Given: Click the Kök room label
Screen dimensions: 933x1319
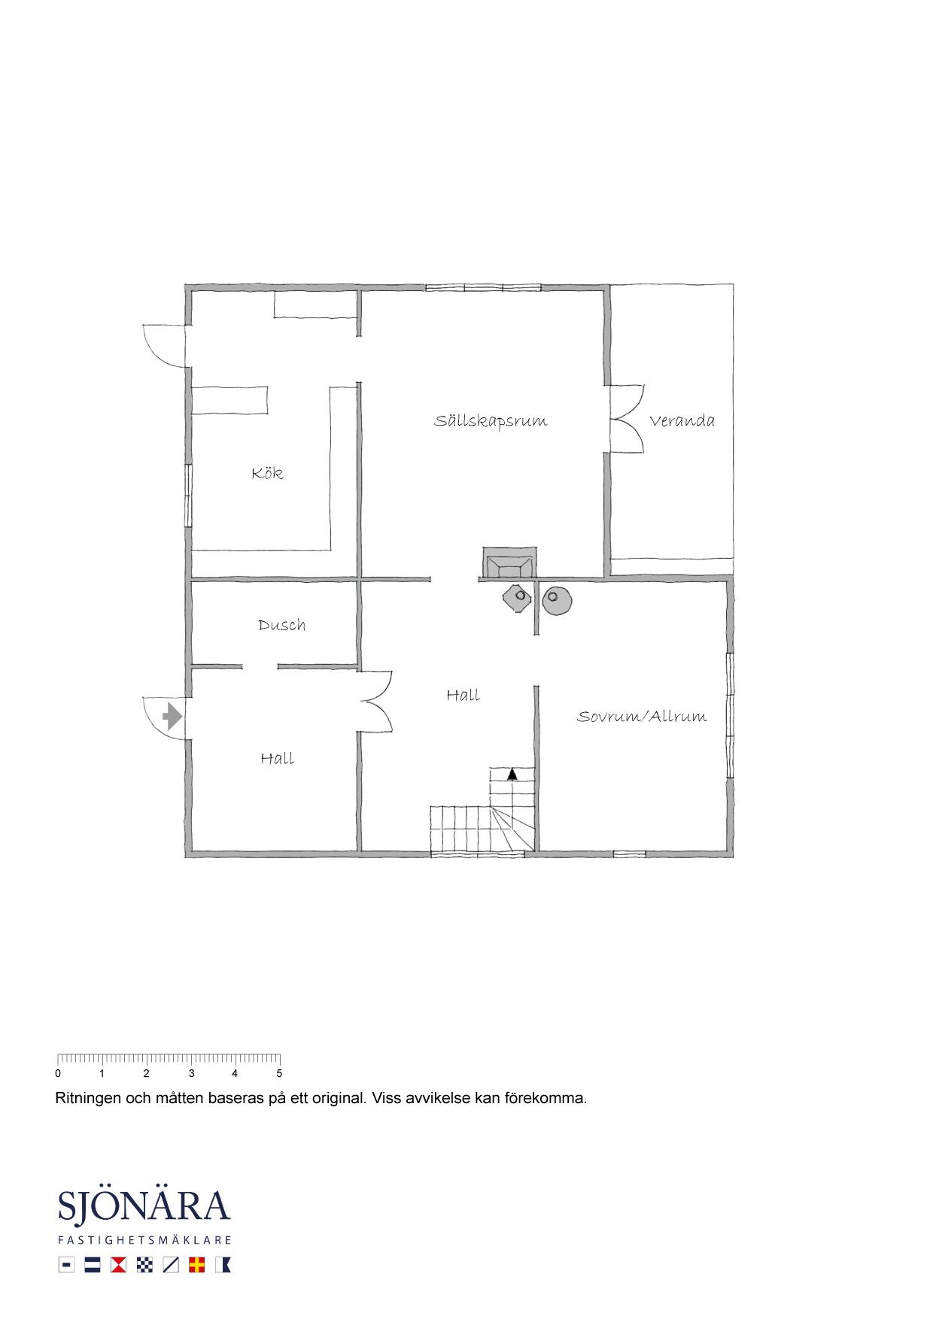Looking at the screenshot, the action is (x=267, y=473).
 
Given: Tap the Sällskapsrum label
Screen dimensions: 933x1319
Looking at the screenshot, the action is (x=491, y=420).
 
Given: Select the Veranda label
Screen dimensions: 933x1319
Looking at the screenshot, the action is (x=682, y=420).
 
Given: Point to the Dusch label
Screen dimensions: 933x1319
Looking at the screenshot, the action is (x=281, y=625).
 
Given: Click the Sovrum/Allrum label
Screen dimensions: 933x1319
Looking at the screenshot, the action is (x=642, y=716).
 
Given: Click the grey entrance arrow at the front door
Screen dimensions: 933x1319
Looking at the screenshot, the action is (x=172, y=716).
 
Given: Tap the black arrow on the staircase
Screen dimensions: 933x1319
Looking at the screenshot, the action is (x=512, y=773).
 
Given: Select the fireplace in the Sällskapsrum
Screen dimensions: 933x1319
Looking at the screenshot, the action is (x=509, y=562).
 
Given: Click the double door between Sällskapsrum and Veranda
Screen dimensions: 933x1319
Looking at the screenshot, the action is (x=627, y=419).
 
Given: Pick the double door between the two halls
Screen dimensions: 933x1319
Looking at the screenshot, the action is (x=375, y=702).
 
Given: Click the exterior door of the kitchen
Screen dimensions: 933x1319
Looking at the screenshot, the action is (x=165, y=346).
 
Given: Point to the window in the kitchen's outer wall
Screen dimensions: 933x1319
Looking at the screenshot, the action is (x=188, y=495).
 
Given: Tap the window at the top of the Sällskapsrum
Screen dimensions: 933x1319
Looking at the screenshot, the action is (x=483, y=287).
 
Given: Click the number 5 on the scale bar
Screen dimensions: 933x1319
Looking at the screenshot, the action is (x=279, y=1074).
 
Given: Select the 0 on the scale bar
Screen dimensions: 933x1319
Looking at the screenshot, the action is (x=58, y=1074).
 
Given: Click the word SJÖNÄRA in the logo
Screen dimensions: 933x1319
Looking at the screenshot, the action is (x=144, y=1205).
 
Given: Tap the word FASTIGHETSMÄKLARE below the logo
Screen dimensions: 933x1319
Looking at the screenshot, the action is (x=144, y=1240).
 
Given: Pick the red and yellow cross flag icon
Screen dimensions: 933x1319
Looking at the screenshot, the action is (x=196, y=1265).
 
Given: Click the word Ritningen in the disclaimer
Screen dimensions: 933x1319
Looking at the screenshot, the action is (x=88, y=1099).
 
